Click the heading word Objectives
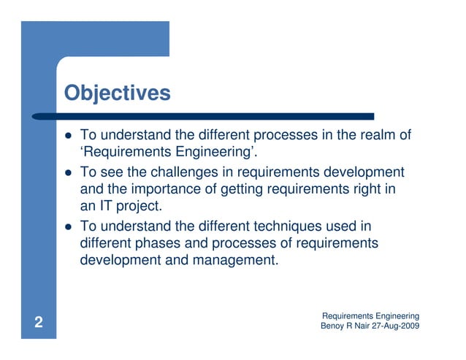[117, 93]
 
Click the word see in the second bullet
[110, 172]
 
